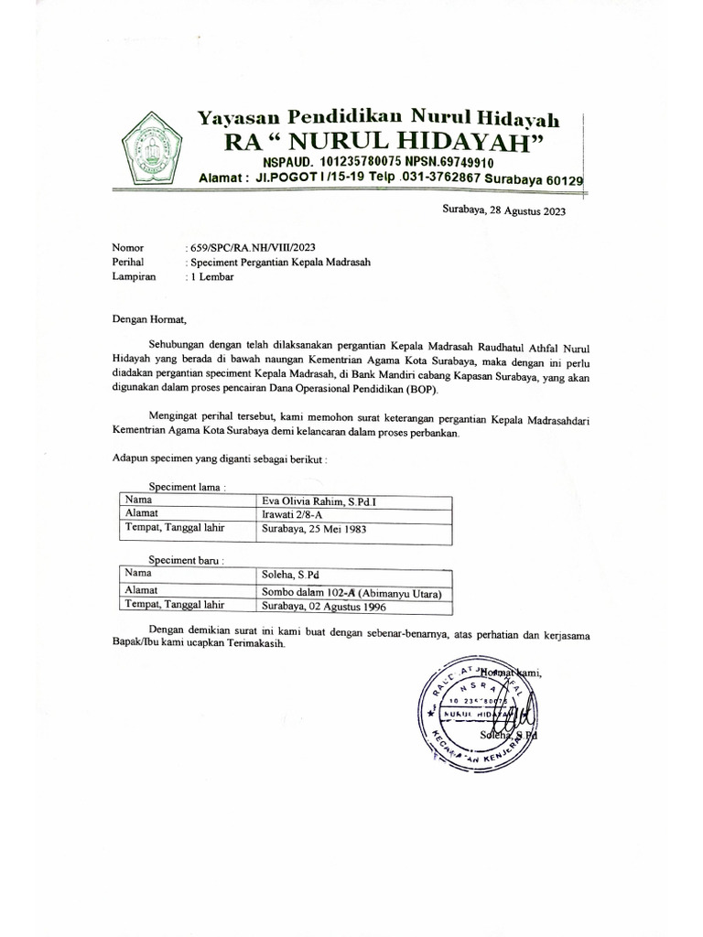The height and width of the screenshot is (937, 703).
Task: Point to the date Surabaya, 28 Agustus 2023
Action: (503, 211)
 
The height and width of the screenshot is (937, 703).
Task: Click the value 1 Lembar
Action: (211, 275)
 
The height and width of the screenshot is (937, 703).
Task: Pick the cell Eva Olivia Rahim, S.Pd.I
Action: (312, 502)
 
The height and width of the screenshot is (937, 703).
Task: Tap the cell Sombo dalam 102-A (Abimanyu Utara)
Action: (351, 592)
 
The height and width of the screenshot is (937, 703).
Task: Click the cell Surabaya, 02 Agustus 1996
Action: (324, 606)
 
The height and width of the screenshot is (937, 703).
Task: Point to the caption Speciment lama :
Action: (187, 488)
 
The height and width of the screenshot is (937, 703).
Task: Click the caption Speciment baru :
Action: (187, 560)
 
